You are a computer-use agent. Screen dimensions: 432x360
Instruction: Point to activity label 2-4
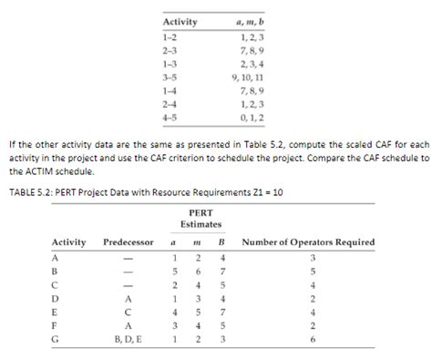coord(170,106)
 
